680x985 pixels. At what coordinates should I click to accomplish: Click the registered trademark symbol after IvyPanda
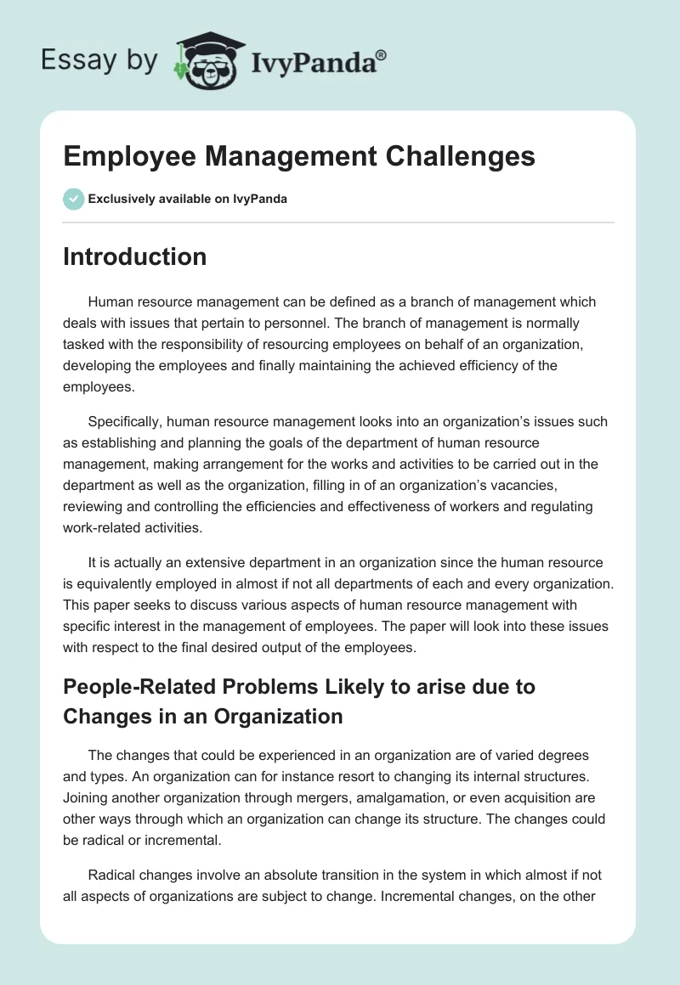pyautogui.click(x=381, y=53)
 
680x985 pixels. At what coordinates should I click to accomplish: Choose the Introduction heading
pyautogui.click(x=134, y=256)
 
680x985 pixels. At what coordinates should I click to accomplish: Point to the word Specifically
pyautogui.click(x=125, y=422)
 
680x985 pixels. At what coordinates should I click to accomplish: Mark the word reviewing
pyautogui.click(x=93, y=507)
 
